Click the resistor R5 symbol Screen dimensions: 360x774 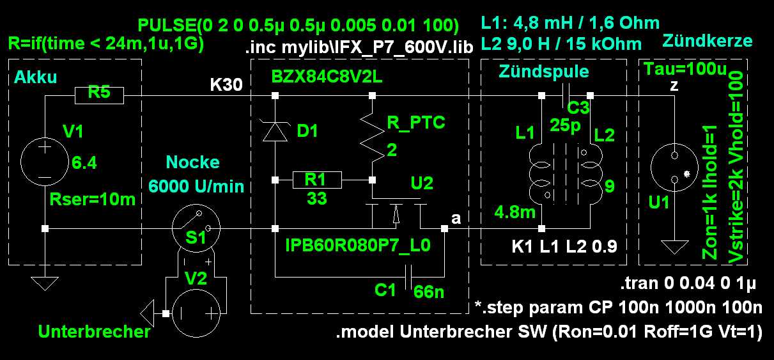[x=99, y=96]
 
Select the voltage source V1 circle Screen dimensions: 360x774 [x=45, y=160]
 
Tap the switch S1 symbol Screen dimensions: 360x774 [x=196, y=228]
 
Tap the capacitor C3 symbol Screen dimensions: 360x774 [x=566, y=96]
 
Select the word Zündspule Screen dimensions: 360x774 [x=553, y=72]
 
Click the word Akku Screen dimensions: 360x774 [x=34, y=78]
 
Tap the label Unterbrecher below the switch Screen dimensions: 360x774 [x=94, y=332]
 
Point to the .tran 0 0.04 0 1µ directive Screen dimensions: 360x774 [x=691, y=284]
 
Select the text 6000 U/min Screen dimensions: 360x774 [x=196, y=186]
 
